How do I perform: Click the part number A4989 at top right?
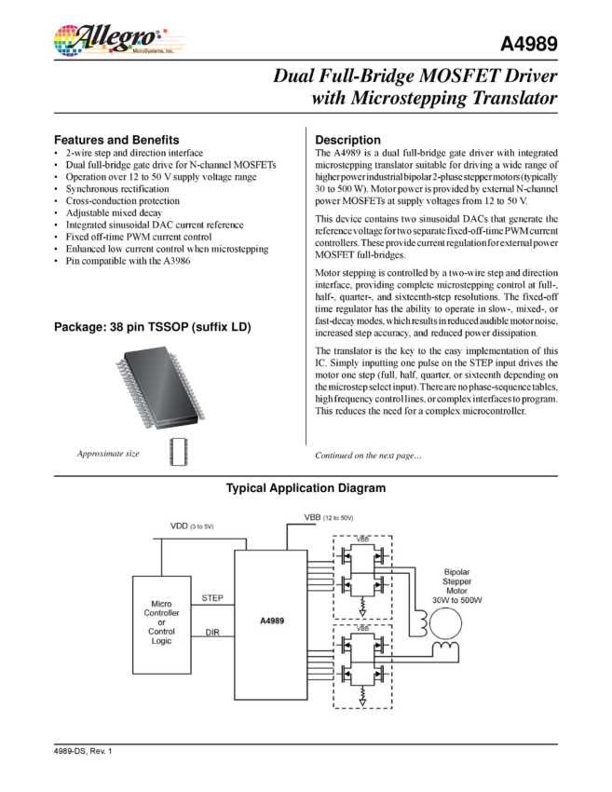click(x=529, y=45)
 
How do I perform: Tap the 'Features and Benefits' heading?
click(x=116, y=139)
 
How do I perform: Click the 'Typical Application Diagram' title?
click(x=306, y=489)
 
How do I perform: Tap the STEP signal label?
click(x=213, y=596)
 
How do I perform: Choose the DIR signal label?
click(x=211, y=633)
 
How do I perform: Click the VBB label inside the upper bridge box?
click(x=362, y=539)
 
